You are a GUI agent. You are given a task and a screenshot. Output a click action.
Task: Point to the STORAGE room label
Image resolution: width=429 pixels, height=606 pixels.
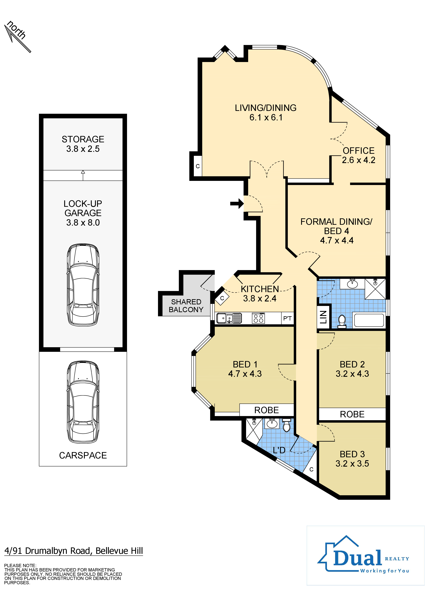[x=83, y=139]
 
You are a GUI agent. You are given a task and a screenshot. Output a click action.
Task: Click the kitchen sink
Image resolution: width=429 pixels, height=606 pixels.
[x=229, y=318]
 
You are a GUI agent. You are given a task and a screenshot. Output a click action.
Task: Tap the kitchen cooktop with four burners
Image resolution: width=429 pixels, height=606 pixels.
[x=258, y=318]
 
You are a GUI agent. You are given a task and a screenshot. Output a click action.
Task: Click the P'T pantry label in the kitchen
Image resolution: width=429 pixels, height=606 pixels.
[x=287, y=318]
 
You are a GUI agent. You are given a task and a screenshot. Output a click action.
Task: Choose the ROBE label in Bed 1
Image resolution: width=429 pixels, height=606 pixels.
[x=267, y=410]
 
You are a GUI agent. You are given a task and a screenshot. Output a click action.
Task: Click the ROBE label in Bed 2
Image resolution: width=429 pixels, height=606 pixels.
[x=352, y=414]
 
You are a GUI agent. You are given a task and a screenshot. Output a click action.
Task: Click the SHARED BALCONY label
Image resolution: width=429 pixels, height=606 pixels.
[x=186, y=306]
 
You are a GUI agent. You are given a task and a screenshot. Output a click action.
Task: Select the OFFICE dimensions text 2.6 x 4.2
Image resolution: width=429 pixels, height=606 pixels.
[x=359, y=160]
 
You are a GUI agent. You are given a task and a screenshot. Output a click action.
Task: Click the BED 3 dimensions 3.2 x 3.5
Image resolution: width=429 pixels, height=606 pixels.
[x=352, y=463]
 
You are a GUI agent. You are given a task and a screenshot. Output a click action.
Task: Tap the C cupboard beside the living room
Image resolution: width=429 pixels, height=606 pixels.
[x=198, y=166]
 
